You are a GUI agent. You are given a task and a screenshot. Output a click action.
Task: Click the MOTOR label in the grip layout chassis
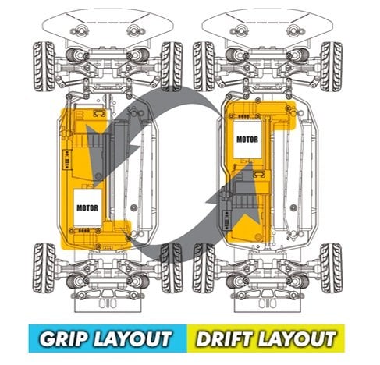(x=87, y=208)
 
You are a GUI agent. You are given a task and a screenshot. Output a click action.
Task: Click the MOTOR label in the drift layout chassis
(x=247, y=140)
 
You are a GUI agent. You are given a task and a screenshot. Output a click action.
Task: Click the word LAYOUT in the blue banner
(x=133, y=338)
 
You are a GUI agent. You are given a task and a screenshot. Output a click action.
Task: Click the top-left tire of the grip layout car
(x=44, y=66)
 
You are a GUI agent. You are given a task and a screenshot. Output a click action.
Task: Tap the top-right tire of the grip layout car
(x=172, y=66)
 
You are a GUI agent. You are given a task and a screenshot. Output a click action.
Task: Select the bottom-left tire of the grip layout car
(x=44, y=268)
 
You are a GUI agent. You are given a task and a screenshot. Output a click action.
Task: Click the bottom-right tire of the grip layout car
(x=172, y=268)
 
